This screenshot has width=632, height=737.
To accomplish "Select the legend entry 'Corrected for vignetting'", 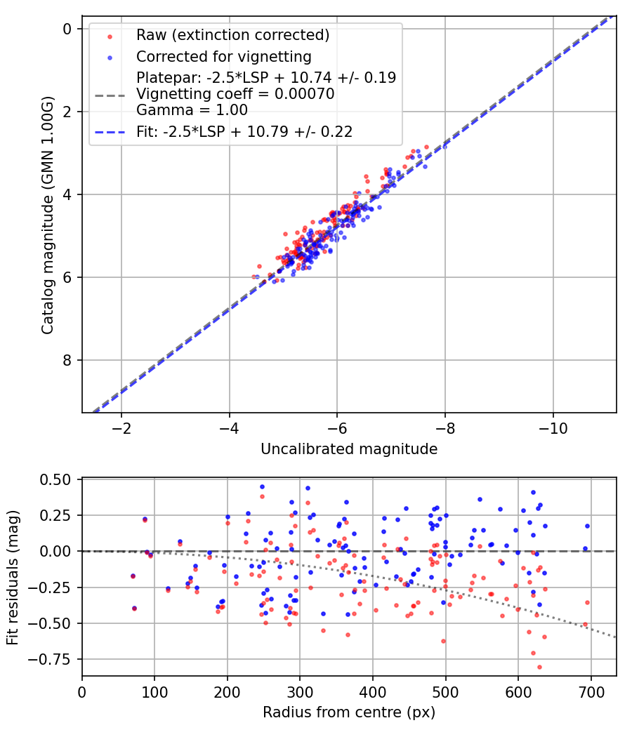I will coord(223,56).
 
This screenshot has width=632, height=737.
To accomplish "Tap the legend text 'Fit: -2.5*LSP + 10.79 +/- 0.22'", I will coord(244,131).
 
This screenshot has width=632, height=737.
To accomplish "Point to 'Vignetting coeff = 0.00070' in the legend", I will coord(235,94).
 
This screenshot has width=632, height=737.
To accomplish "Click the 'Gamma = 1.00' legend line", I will coord(192,109).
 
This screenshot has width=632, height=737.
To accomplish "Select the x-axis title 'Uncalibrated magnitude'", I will coord(349,449).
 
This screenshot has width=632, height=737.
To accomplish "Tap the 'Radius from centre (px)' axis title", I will coord(349,712).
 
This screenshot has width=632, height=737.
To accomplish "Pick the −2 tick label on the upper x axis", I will coord(121,427).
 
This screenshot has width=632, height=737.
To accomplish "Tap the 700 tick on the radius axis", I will coord(591,691).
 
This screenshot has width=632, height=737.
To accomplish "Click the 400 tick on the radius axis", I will coord(373,691).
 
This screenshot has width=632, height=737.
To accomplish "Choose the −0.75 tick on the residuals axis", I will coord(55,659).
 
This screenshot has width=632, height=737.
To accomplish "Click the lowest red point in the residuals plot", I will coord(539,667).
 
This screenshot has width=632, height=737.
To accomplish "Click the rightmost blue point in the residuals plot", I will coord(587,526).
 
